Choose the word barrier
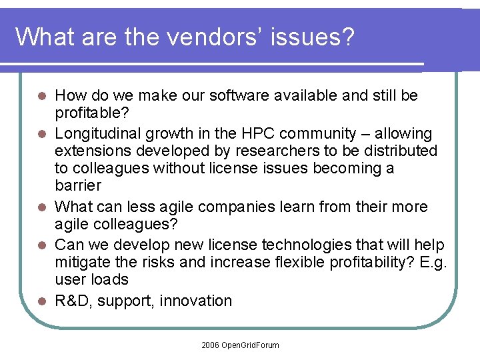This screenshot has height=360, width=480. coord(78,185)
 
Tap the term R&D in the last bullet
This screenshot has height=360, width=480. coord(73,301)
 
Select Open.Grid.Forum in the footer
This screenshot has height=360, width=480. coord(251,345)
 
